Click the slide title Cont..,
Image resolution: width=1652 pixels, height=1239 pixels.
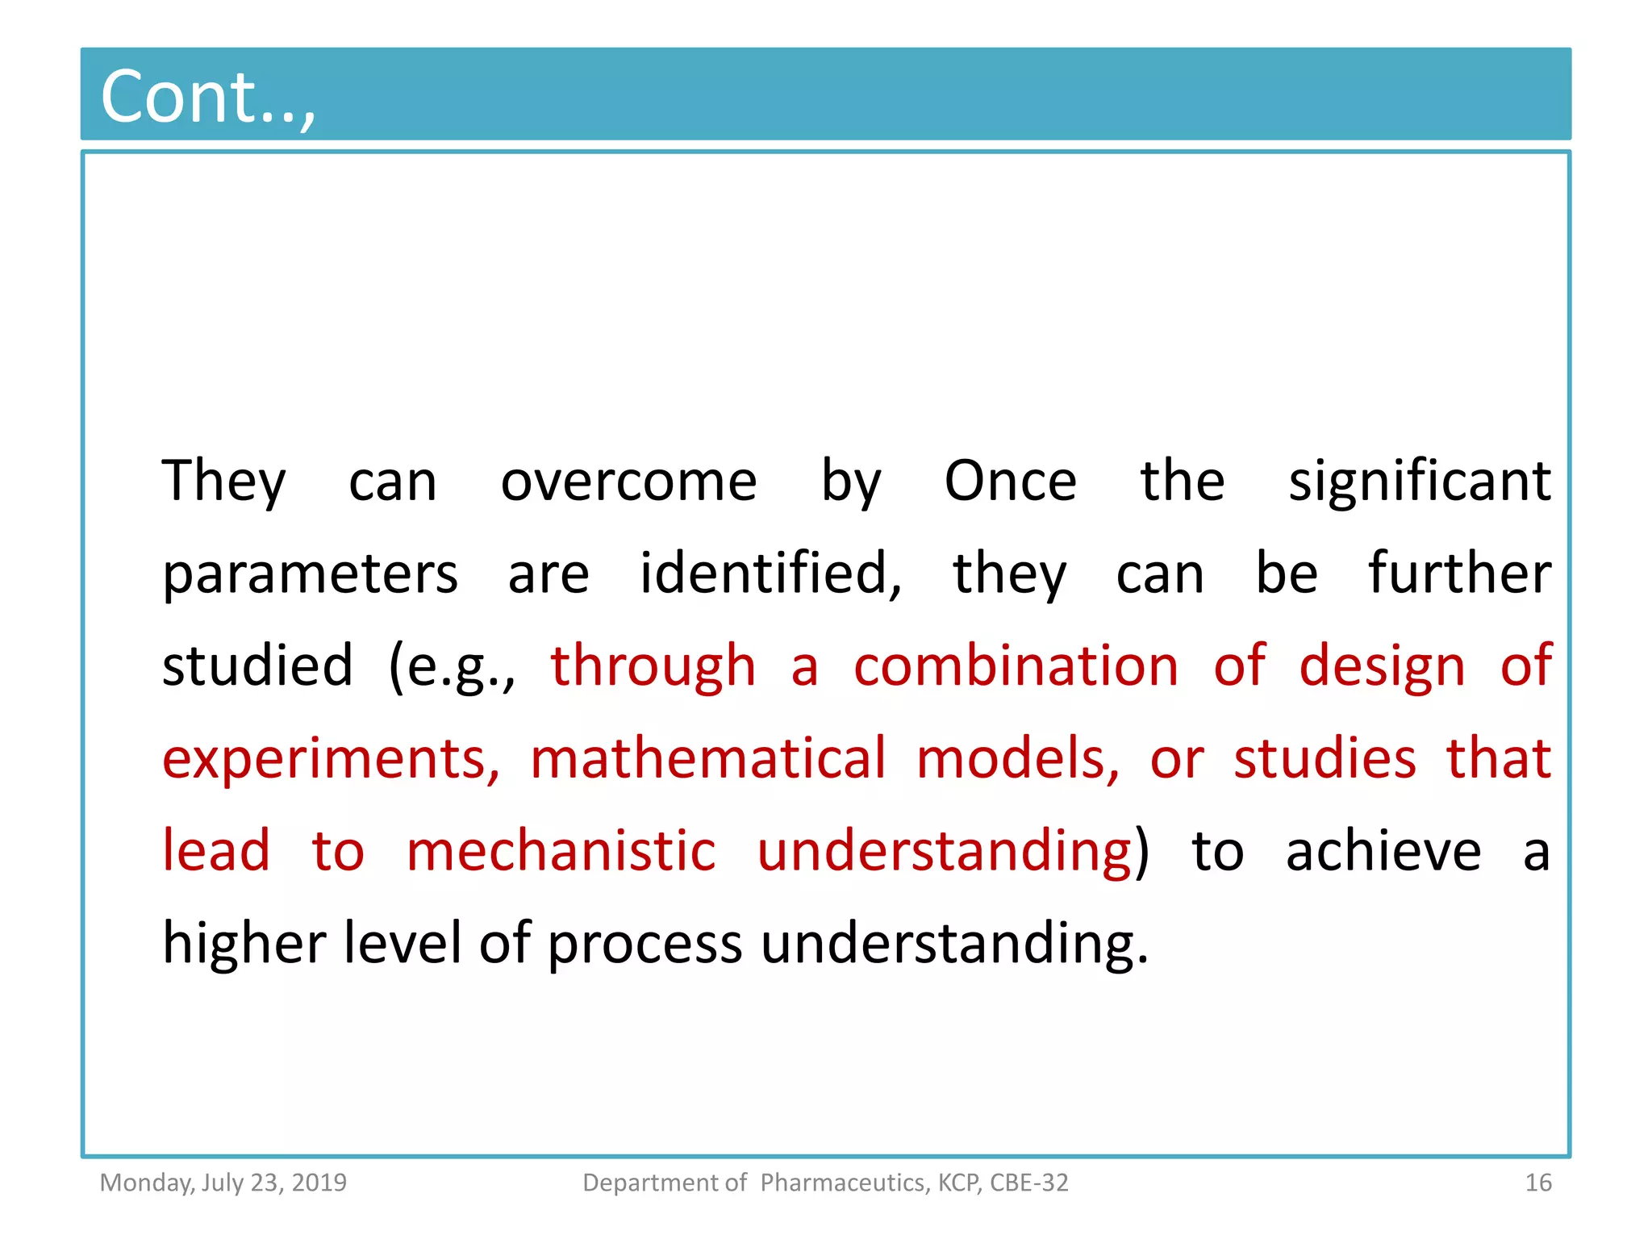coord(207,97)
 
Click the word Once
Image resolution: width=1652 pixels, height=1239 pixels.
coord(1010,482)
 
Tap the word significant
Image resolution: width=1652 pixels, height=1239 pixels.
coord(1419,482)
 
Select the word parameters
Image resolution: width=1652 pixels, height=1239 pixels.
coord(310,575)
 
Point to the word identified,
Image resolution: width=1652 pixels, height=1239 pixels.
coord(770,574)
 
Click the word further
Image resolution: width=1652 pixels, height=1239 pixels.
coord(1459,574)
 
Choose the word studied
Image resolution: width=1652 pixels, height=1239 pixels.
coord(257,666)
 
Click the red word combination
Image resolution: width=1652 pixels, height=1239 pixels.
coord(1016,666)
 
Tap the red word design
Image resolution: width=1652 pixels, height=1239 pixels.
coord(1381,668)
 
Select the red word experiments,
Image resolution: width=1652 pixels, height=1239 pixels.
coord(331,760)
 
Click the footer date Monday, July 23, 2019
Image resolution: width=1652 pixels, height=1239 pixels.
coord(223,1183)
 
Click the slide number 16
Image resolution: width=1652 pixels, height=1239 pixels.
coord(1537,1183)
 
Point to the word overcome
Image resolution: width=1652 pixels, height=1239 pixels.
coord(628,482)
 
